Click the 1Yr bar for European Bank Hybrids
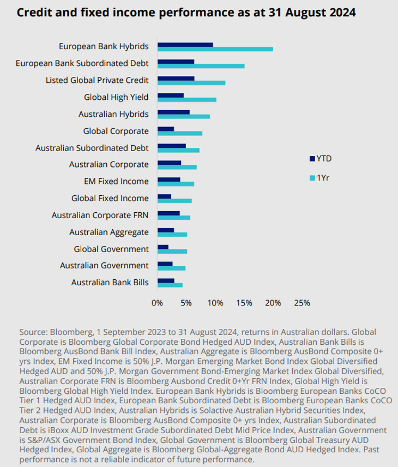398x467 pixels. coord(215,49)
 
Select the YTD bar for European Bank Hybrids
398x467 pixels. coord(185,45)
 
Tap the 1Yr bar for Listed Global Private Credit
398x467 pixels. coord(191,83)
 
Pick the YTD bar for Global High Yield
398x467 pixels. coord(171,95)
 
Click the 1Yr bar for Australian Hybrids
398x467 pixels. coord(184,116)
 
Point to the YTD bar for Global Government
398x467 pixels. coord(163,247)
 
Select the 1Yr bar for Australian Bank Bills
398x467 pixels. coord(170,285)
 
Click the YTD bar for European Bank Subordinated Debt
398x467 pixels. coord(176,62)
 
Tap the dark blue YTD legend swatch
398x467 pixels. coord(312,159)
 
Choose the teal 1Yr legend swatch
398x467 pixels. coord(312,178)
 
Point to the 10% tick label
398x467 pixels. coord(215,303)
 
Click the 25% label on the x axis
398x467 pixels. coord(302,303)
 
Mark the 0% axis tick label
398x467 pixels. coord(157,303)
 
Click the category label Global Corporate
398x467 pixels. coord(116,131)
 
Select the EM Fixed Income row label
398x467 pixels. coord(116,181)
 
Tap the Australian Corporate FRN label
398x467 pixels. coord(100,215)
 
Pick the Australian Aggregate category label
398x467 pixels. coord(109,232)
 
